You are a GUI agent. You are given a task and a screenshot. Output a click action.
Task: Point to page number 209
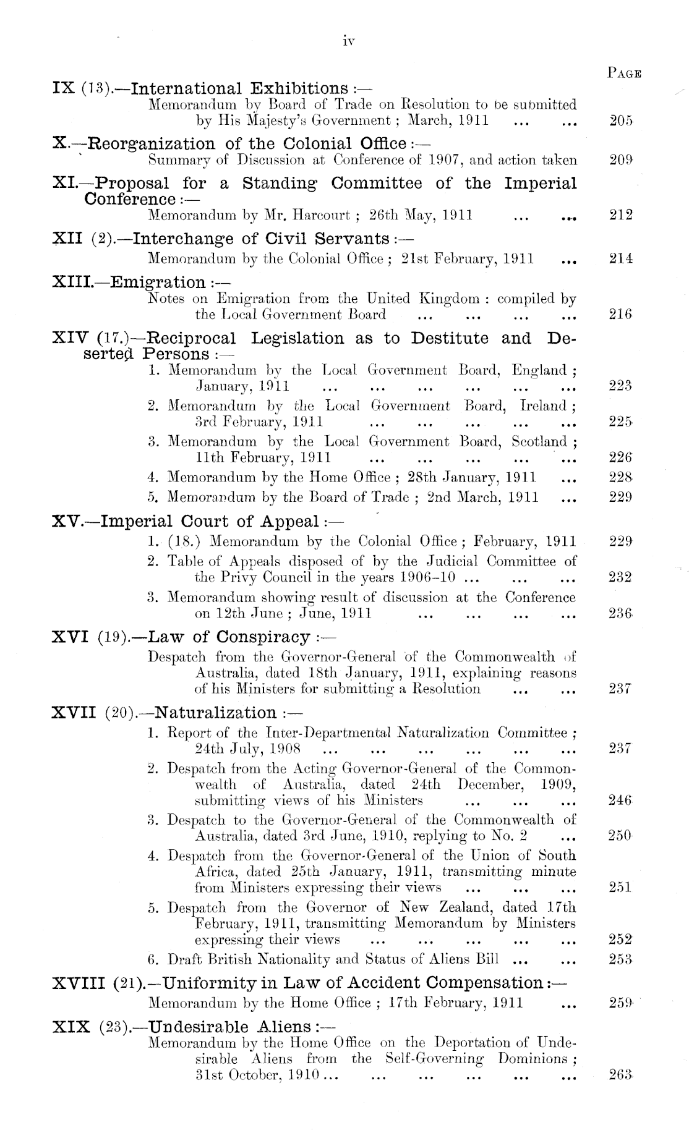(x=620, y=161)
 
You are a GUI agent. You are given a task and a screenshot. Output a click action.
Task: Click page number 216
(x=620, y=314)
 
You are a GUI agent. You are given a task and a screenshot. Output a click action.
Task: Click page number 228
(x=620, y=477)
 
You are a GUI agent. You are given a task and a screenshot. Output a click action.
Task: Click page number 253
(x=620, y=959)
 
